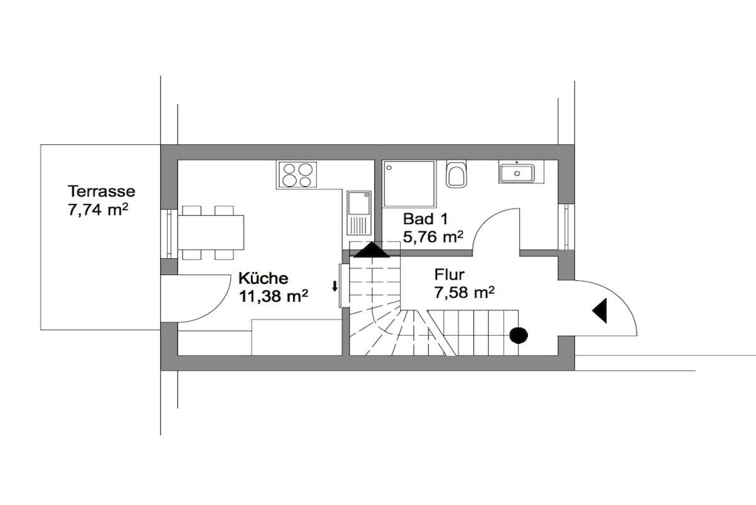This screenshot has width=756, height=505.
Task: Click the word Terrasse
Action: point(101,192)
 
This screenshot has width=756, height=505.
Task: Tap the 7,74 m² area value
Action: point(98,210)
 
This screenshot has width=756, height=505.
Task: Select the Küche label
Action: point(264,278)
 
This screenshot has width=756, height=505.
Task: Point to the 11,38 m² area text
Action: point(273,296)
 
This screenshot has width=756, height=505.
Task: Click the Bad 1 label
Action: point(425,219)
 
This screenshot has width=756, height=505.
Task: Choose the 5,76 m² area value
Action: point(433,237)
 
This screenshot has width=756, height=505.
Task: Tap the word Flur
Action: point(450,275)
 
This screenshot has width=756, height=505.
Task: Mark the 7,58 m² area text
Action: point(464,293)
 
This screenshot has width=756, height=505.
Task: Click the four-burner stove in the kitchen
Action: point(297,174)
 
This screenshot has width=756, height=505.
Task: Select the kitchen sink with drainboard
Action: point(359,213)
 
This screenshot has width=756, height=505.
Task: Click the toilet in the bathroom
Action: point(456,174)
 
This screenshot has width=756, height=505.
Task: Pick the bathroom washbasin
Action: point(517,172)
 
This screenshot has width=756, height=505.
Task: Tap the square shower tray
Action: point(409,184)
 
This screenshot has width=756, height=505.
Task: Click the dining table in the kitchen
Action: point(211,232)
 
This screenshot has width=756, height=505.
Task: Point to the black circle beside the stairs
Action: point(519,335)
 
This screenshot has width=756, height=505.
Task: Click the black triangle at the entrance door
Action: point(600,311)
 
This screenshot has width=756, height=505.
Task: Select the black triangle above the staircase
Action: point(371,250)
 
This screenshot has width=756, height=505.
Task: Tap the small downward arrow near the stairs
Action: point(334,286)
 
